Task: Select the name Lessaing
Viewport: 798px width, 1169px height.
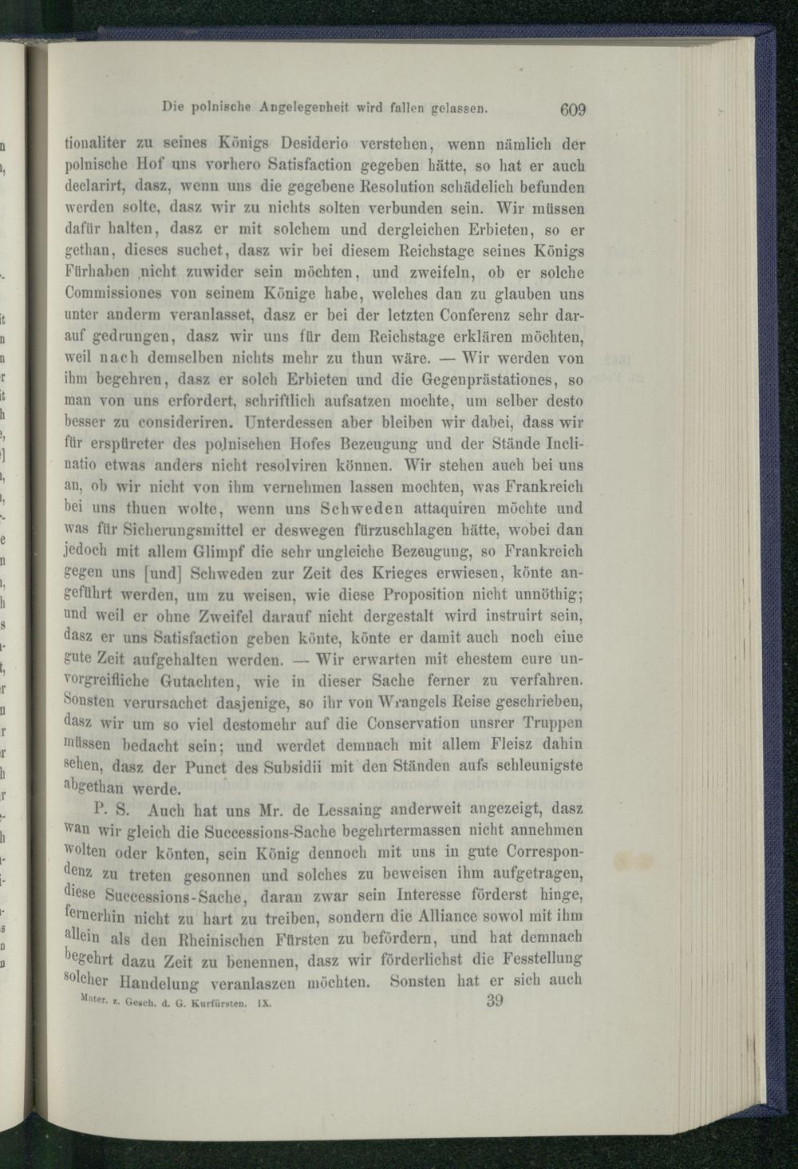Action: (332, 809)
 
